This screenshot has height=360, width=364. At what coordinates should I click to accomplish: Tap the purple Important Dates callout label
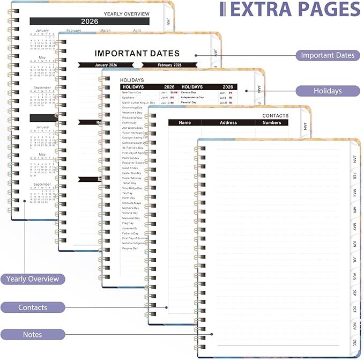tap(328, 55)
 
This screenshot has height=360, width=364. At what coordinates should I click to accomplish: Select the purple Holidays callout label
tap(328, 91)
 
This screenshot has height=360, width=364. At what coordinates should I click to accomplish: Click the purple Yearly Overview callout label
tap(33, 279)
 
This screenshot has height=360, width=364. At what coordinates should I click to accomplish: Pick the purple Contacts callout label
tap(33, 307)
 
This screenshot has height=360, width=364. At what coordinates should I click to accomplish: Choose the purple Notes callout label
tap(33, 334)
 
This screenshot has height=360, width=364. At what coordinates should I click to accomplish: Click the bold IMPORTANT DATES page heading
tap(137, 53)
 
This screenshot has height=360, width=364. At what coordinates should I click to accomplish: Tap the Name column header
tap(185, 123)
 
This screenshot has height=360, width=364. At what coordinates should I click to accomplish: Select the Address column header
tap(228, 123)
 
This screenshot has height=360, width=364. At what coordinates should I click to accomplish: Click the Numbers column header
tap(272, 123)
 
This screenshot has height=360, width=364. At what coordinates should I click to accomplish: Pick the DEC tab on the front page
tap(354, 342)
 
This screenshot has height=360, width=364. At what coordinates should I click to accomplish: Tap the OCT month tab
tap(354, 309)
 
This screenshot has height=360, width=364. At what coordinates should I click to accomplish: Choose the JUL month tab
tap(354, 259)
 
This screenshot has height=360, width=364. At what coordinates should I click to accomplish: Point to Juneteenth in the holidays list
tap(130, 228)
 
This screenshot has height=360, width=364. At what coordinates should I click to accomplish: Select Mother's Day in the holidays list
tap(131, 208)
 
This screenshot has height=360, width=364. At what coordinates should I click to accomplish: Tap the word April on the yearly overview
tap(137, 31)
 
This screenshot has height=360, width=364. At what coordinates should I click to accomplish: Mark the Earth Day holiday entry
tap(129, 198)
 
